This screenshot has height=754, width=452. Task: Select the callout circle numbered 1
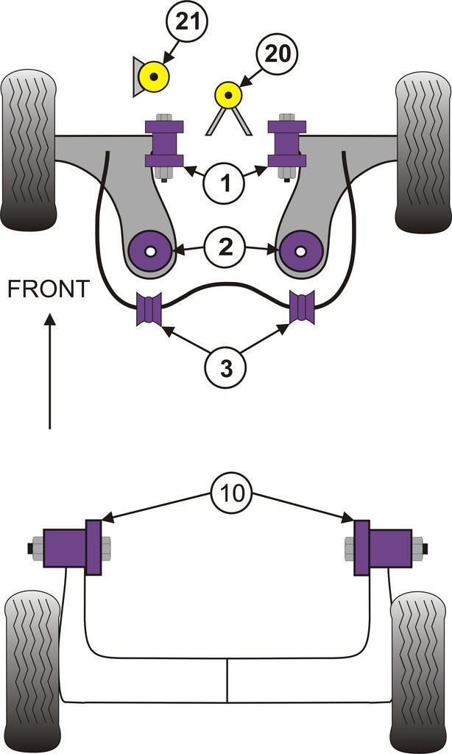[x=225, y=179]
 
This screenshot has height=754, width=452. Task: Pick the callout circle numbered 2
[x=225, y=247]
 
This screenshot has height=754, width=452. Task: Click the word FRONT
[x=48, y=289]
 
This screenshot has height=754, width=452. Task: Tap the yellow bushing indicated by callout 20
[x=227, y=94]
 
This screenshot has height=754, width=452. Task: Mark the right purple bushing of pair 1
[x=286, y=142]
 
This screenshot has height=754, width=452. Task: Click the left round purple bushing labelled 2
[x=151, y=251]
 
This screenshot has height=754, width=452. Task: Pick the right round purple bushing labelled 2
[x=300, y=251]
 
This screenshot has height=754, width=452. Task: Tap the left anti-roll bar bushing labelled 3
[x=150, y=309]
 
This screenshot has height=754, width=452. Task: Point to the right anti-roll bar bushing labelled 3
[x=302, y=308]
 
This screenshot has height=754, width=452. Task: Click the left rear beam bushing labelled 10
[x=74, y=549]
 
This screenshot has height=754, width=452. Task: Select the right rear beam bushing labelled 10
[x=383, y=549]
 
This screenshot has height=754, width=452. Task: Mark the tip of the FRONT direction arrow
[x=49, y=316]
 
